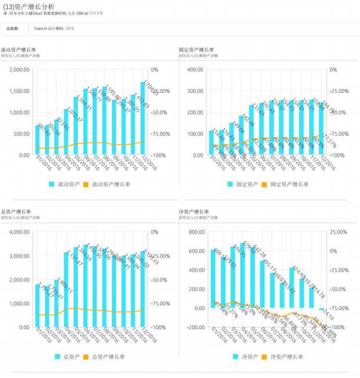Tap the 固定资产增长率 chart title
(x=197, y=50)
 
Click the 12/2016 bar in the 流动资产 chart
(x=143, y=119)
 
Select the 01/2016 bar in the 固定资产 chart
(x=212, y=143)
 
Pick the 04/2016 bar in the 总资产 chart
(x=67, y=289)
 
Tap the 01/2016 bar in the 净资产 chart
(x=213, y=279)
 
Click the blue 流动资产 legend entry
(x=63, y=184)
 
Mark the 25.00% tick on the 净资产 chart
(x=339, y=232)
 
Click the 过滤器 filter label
(x=12, y=28)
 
